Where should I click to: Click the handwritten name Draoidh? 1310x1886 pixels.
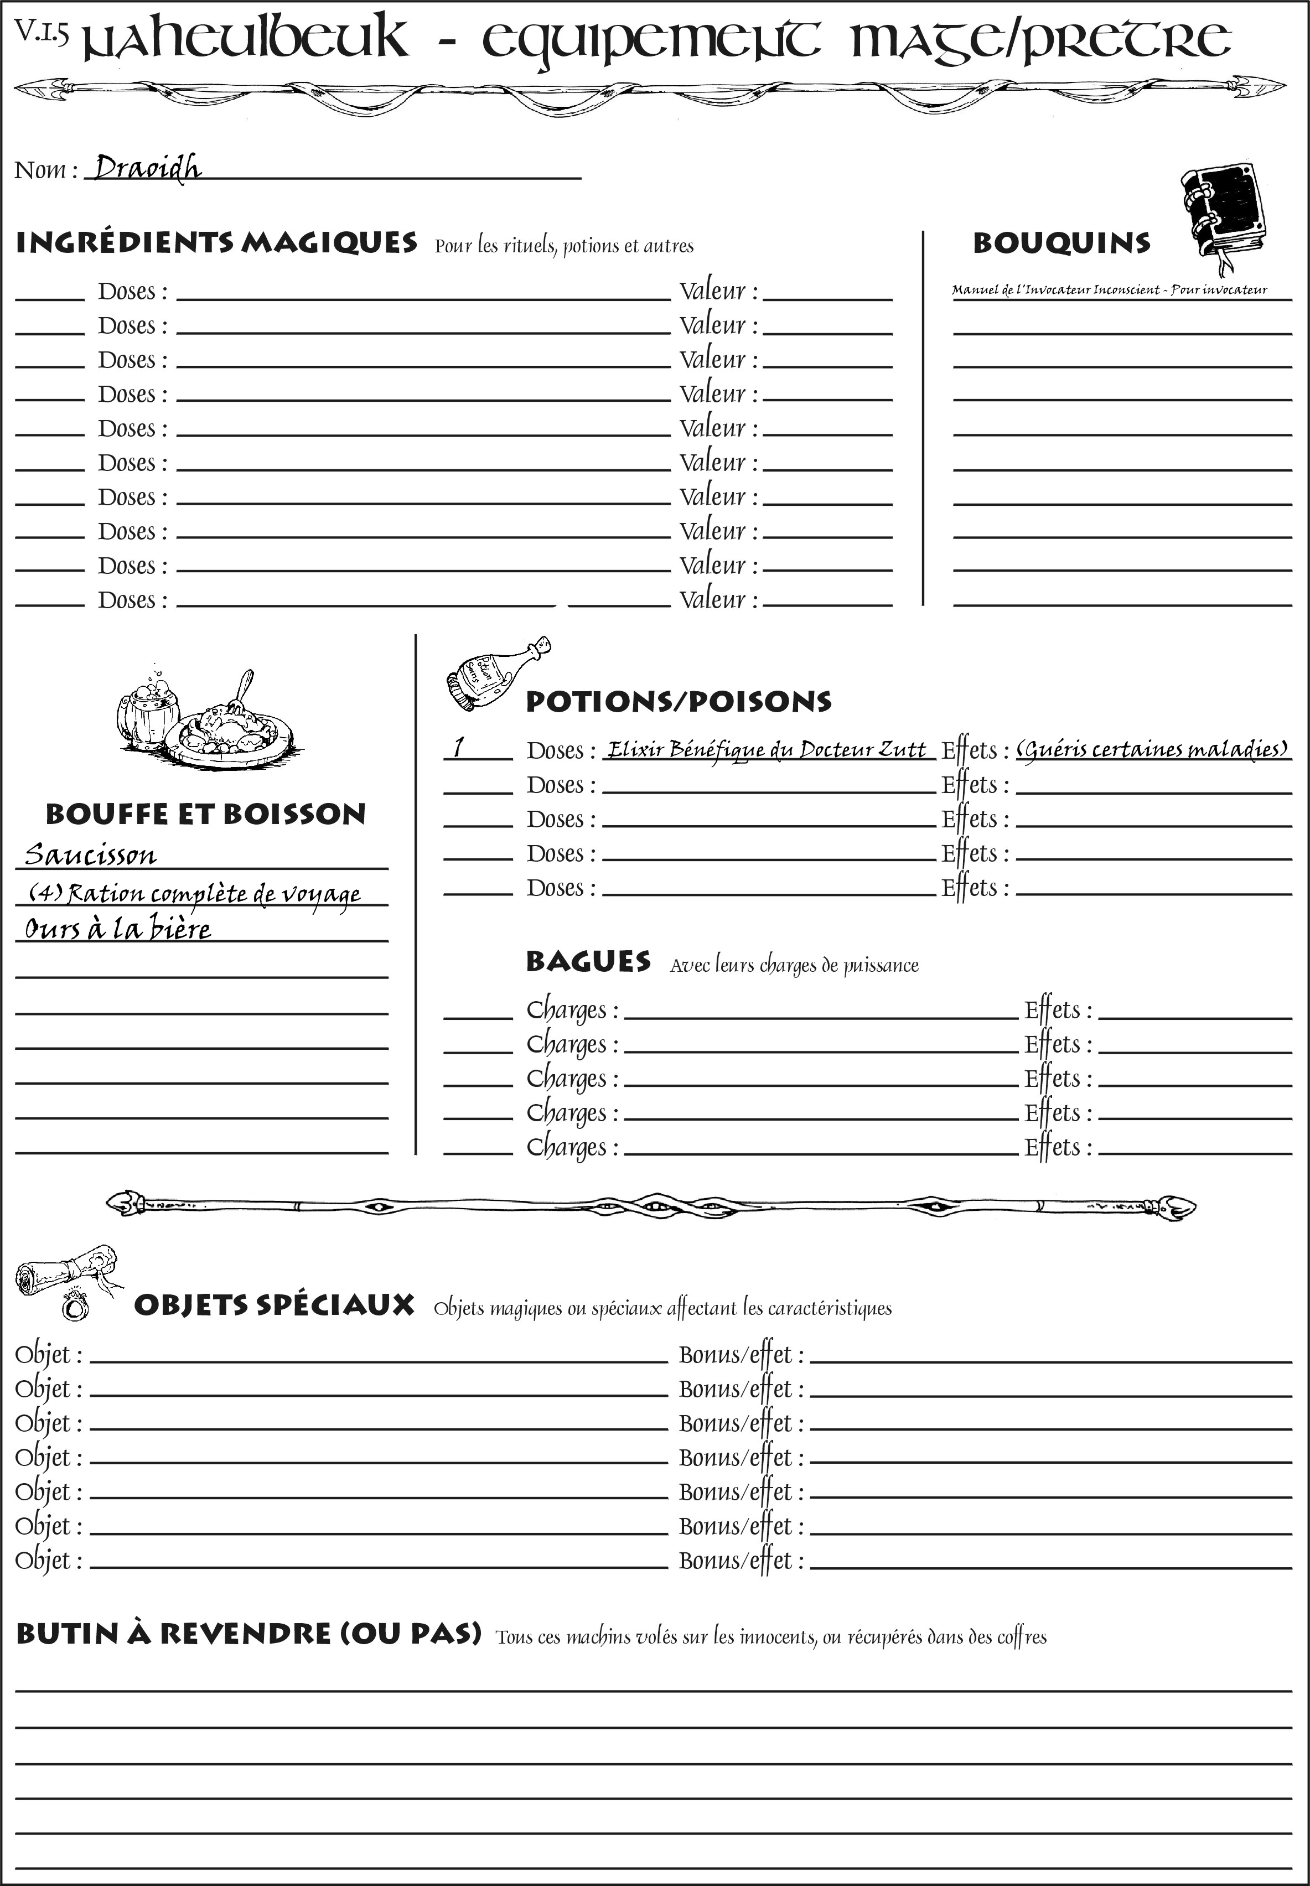tap(147, 168)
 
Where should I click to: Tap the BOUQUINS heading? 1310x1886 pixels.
tap(1062, 243)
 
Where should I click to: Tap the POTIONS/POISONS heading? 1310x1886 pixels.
tap(678, 702)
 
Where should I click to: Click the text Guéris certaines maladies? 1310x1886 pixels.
tap(1152, 749)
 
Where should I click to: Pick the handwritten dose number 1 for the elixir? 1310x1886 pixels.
tap(459, 747)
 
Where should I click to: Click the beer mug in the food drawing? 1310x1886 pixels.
tap(148, 711)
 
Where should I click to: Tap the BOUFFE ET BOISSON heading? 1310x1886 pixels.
tap(205, 814)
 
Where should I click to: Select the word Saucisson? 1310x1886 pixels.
tap(90, 855)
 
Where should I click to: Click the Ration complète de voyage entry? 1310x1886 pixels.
tap(194, 893)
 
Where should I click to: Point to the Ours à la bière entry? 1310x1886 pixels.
tap(117, 929)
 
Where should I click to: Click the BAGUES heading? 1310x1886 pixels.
tap(588, 962)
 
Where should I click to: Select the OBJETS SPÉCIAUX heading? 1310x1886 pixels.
tap(273, 1305)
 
